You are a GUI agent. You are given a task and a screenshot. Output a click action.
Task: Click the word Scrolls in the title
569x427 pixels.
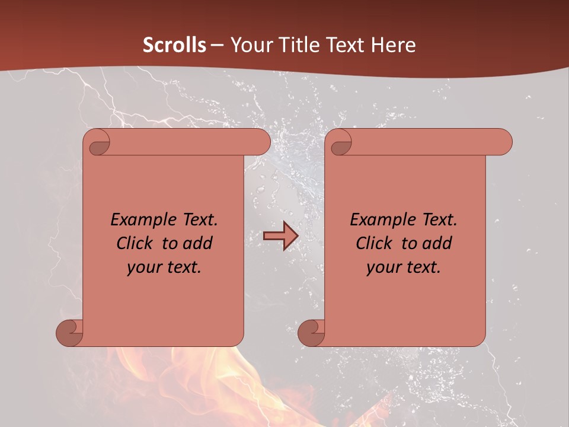[175, 45]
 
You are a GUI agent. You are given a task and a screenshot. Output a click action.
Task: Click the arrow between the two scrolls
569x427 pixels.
[280, 236]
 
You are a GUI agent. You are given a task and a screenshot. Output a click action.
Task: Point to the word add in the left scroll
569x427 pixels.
[198, 244]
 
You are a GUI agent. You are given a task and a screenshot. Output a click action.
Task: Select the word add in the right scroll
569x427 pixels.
[437, 244]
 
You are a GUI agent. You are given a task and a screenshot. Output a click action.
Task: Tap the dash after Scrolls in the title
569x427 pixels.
[218, 45]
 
